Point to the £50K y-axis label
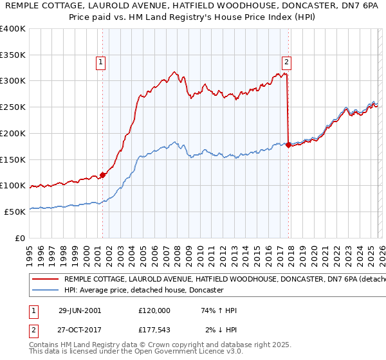(14, 212)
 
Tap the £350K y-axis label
(12, 55)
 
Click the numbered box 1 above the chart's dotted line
(102, 62)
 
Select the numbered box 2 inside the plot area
(286, 62)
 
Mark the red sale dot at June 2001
(103, 175)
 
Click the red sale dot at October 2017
(288, 145)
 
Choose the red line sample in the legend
(44, 280)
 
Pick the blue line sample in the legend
(44, 291)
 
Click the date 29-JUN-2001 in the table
(80, 310)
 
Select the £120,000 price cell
(154, 310)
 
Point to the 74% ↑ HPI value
(219, 310)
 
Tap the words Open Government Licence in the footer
(179, 352)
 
